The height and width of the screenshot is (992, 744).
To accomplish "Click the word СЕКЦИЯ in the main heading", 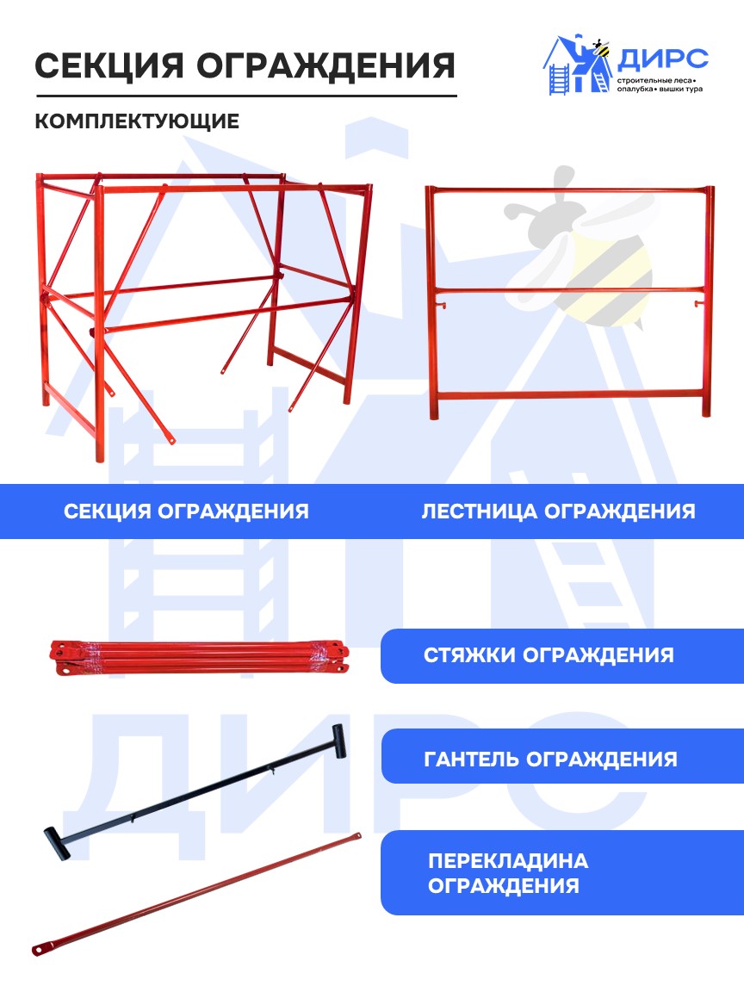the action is pyautogui.click(x=108, y=65).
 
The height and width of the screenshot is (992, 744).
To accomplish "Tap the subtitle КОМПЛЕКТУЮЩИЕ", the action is pyautogui.click(x=137, y=121).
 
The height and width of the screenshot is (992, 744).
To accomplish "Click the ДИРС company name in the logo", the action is pyautogui.click(x=662, y=59).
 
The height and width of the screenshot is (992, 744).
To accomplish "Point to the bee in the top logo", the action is pyautogui.click(x=598, y=48).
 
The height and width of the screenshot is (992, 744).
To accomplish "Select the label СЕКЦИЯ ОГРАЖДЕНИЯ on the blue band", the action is pyautogui.click(x=186, y=512).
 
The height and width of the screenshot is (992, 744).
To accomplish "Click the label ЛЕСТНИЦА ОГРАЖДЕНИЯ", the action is pyautogui.click(x=558, y=512).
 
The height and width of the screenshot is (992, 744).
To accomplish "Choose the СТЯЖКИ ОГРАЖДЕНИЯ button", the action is pyautogui.click(x=561, y=655).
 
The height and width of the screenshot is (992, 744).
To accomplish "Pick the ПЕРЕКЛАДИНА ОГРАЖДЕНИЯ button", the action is pyautogui.click(x=561, y=872).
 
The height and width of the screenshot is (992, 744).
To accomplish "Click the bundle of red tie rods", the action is pyautogui.click(x=199, y=658).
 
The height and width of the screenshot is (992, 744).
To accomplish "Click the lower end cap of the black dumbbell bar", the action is pyautogui.click(x=56, y=843).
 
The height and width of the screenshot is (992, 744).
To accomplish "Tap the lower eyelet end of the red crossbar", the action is pyautogui.click(x=40, y=948).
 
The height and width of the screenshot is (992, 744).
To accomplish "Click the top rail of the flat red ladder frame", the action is pyautogui.click(x=569, y=189).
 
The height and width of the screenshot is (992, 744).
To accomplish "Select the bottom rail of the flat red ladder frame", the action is pyautogui.click(x=569, y=395).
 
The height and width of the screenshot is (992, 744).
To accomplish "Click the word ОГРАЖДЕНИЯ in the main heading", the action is pyautogui.click(x=325, y=65).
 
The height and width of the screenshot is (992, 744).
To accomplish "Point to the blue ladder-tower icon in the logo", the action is pyautogui.click(x=557, y=79).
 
